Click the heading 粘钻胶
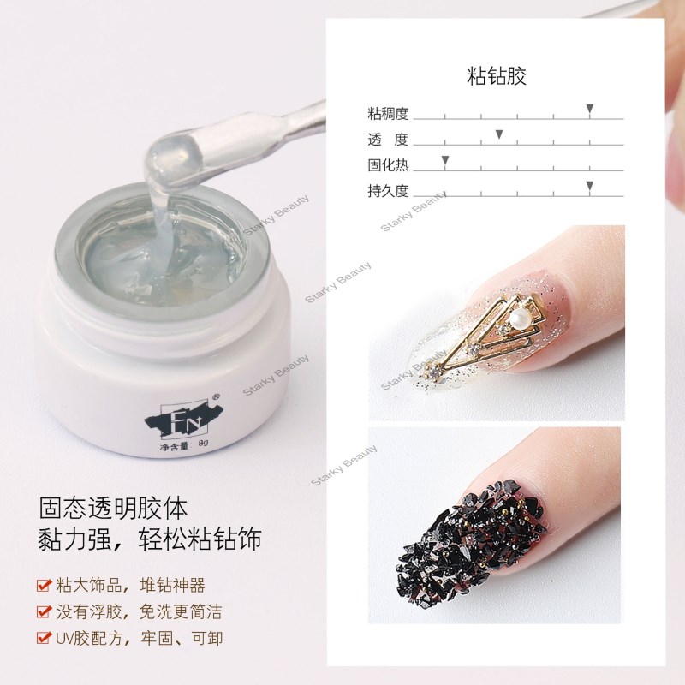[x=497, y=76]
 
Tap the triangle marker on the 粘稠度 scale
[x=589, y=109]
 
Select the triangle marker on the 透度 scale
[x=499, y=134]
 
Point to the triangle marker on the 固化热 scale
[x=445, y=160]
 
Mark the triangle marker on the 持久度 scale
[x=589, y=186]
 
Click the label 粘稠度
[x=388, y=114]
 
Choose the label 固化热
[x=388, y=165]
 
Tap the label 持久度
[x=388, y=191]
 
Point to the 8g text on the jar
[x=203, y=443]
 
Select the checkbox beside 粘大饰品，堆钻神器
[x=44, y=585]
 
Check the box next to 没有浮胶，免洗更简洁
[x=44, y=611]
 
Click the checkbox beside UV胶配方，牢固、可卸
[x=44, y=638]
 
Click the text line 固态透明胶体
[x=113, y=508]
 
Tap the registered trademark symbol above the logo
[x=216, y=397]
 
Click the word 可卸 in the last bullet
[x=207, y=638]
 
